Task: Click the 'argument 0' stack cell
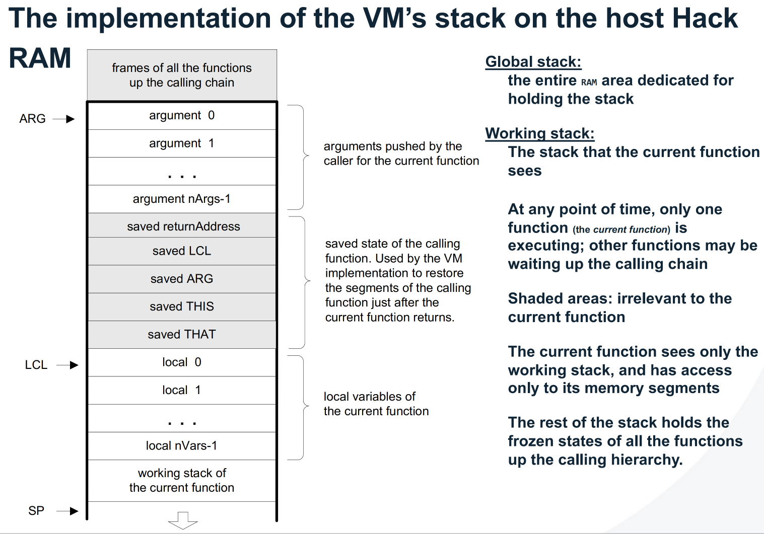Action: pyautogui.click(x=182, y=116)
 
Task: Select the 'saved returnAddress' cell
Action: pyautogui.click(x=182, y=226)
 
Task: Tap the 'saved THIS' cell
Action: pyautogui.click(x=182, y=307)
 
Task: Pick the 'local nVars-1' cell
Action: pyautogui.click(x=182, y=445)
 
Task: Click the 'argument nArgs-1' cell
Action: pyautogui.click(x=182, y=199)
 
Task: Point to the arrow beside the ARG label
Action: pyautogui.click(x=64, y=119)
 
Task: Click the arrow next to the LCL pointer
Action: pyautogui.click(x=67, y=365)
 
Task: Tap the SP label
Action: pyautogui.click(x=36, y=511)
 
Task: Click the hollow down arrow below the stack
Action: pyautogui.click(x=183, y=520)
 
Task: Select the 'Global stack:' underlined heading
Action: pyautogui.click(x=533, y=62)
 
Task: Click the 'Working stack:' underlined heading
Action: pyautogui.click(x=539, y=133)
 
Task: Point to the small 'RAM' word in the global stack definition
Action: pyautogui.click(x=589, y=82)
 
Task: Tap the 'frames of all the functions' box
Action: pyautogui.click(x=182, y=75)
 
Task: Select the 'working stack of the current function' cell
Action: pyautogui.click(x=182, y=480)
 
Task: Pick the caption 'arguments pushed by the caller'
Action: pyautogui.click(x=401, y=154)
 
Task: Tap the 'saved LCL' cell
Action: pyautogui.click(x=182, y=251)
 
